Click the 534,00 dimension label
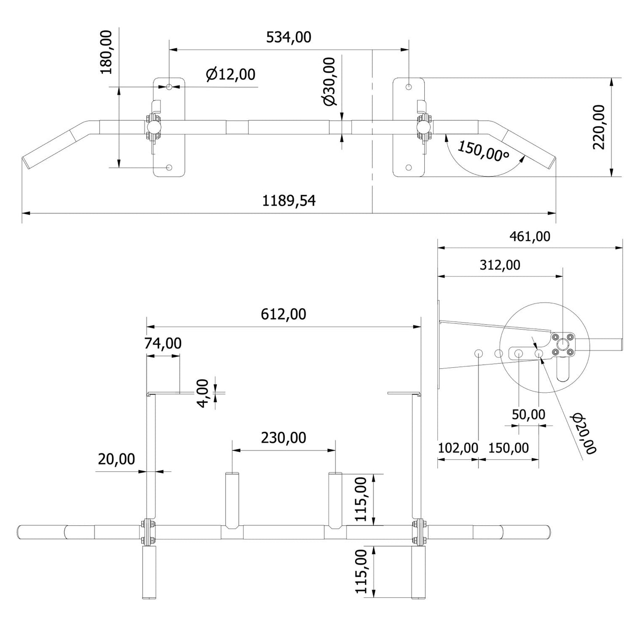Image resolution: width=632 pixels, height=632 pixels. (x=289, y=38)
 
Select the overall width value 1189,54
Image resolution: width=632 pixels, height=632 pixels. (x=289, y=201)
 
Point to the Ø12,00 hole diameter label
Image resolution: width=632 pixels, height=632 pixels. (x=230, y=75)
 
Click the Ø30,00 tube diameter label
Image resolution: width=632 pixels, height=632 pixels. (x=329, y=81)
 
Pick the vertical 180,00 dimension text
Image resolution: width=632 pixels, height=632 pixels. (x=106, y=52)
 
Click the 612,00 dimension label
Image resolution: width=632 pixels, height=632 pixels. (x=283, y=314)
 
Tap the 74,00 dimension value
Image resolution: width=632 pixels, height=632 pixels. (x=163, y=343)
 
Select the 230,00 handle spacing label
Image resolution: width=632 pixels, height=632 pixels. (x=283, y=437)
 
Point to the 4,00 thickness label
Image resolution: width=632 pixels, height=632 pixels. (x=203, y=393)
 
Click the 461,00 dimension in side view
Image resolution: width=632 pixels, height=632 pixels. (x=530, y=237)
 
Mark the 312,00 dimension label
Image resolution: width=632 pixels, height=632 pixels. (x=500, y=265)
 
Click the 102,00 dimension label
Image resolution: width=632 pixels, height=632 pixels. (x=458, y=448)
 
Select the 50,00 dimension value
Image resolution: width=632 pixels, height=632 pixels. (x=528, y=414)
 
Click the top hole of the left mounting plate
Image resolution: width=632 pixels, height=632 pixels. (x=170, y=87)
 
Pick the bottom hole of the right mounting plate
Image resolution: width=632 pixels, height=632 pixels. (x=409, y=168)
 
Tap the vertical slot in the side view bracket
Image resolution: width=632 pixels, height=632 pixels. (x=562, y=370)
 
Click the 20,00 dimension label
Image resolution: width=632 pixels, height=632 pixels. (x=116, y=459)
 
